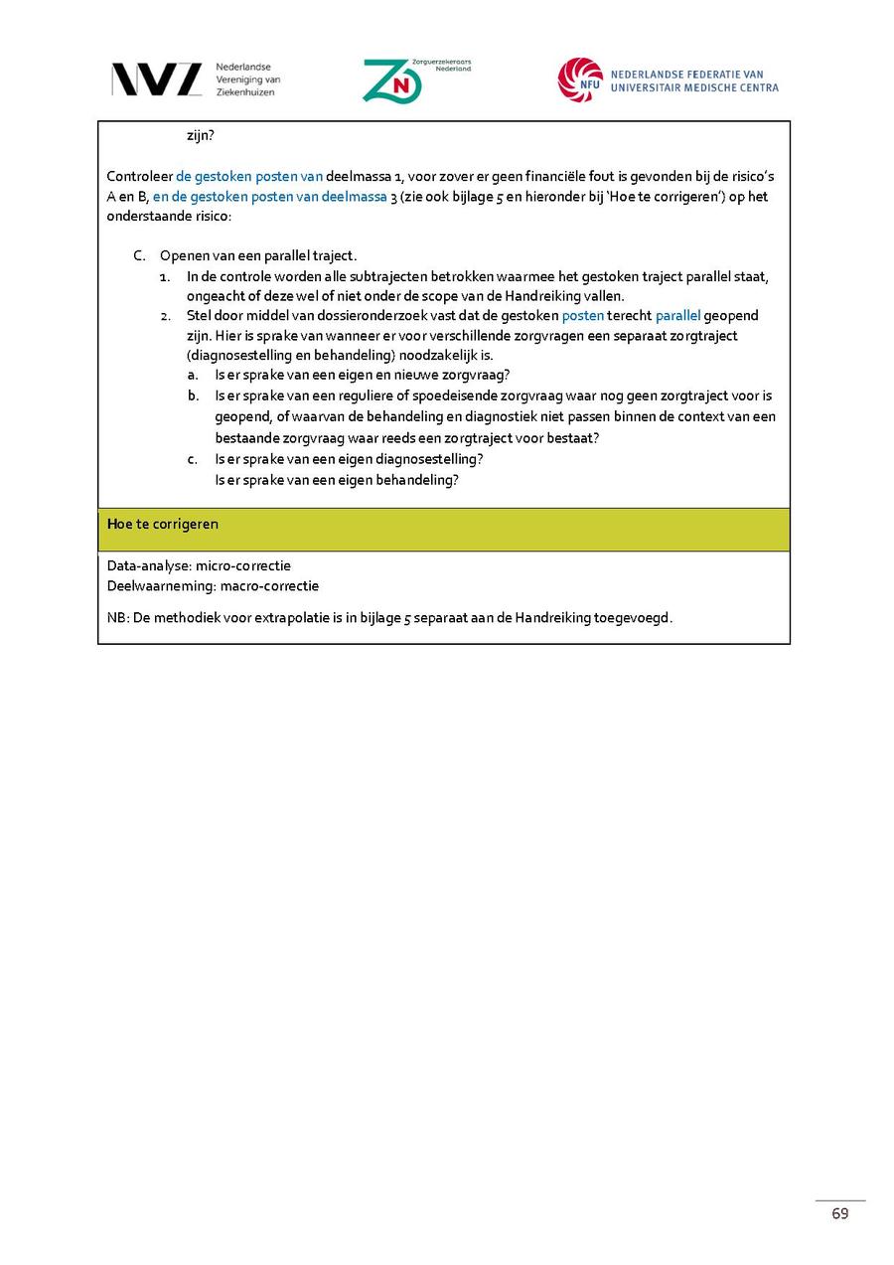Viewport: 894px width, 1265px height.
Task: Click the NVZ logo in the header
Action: click(x=156, y=79)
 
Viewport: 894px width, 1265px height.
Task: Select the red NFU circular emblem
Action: click(x=579, y=79)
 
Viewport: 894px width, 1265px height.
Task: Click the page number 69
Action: click(x=840, y=1213)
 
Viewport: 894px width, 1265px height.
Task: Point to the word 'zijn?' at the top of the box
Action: click(x=201, y=136)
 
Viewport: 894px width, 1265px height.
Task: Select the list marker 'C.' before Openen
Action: click(x=140, y=255)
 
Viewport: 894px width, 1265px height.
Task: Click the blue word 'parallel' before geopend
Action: click(x=677, y=315)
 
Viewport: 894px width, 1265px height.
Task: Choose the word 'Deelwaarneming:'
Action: click(x=161, y=585)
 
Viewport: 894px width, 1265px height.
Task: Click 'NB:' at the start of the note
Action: click(x=117, y=617)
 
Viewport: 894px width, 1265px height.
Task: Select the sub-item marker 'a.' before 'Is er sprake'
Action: click(x=193, y=375)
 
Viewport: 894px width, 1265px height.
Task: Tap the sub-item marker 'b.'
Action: click(x=193, y=395)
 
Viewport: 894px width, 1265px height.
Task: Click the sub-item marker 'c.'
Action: click(x=193, y=459)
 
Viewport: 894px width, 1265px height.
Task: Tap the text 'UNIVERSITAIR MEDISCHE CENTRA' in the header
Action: click(x=694, y=87)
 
